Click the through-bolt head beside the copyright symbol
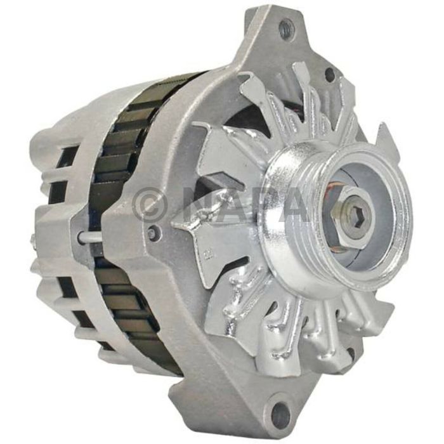coord(152,232)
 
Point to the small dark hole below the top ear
coord(329,75)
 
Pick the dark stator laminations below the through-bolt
coord(127,298)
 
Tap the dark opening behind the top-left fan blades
coord(254,121)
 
